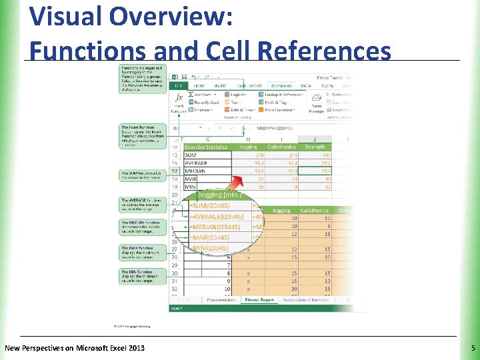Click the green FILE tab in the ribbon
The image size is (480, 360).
[x=178, y=85]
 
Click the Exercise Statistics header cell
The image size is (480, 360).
[x=206, y=147]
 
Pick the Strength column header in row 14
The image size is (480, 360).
[x=315, y=147]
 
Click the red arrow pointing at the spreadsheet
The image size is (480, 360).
[x=234, y=183]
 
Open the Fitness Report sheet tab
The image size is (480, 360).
[x=259, y=300]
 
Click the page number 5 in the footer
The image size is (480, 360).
[x=472, y=348]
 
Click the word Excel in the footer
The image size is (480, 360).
[x=107, y=348]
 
